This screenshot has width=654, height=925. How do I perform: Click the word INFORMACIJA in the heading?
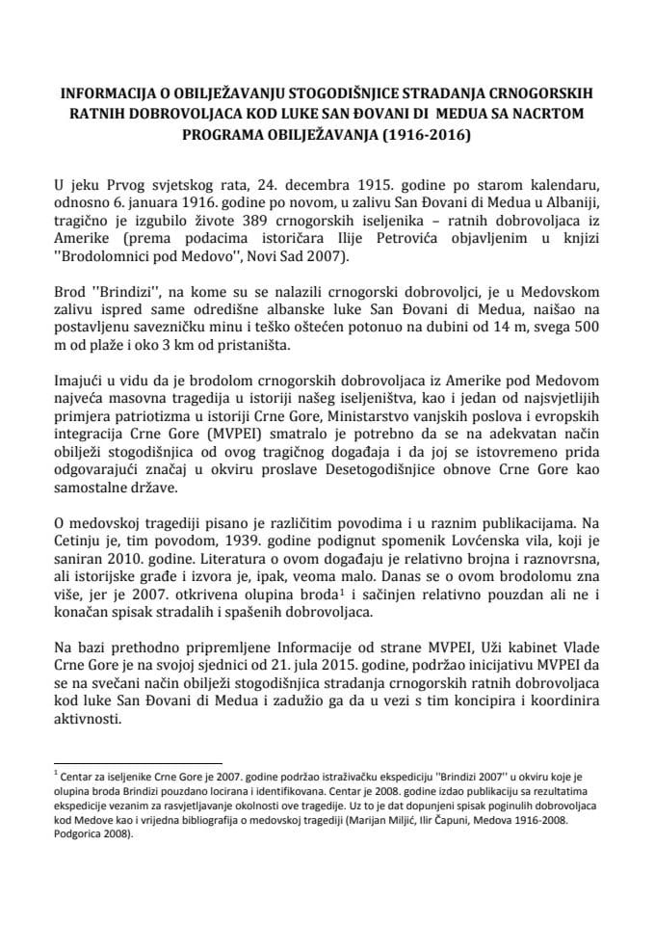[100, 95]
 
